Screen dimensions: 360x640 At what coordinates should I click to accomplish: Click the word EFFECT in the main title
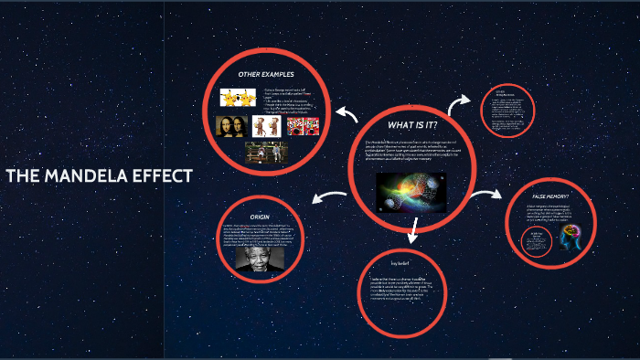pyautogui.click(x=165, y=176)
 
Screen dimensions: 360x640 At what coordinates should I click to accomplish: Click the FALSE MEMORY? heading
pyautogui.click(x=551, y=196)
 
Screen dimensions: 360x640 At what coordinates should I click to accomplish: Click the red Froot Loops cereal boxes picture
pyautogui.click(x=302, y=125)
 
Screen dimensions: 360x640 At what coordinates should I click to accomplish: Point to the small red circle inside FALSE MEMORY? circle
pyautogui.click(x=535, y=240)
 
